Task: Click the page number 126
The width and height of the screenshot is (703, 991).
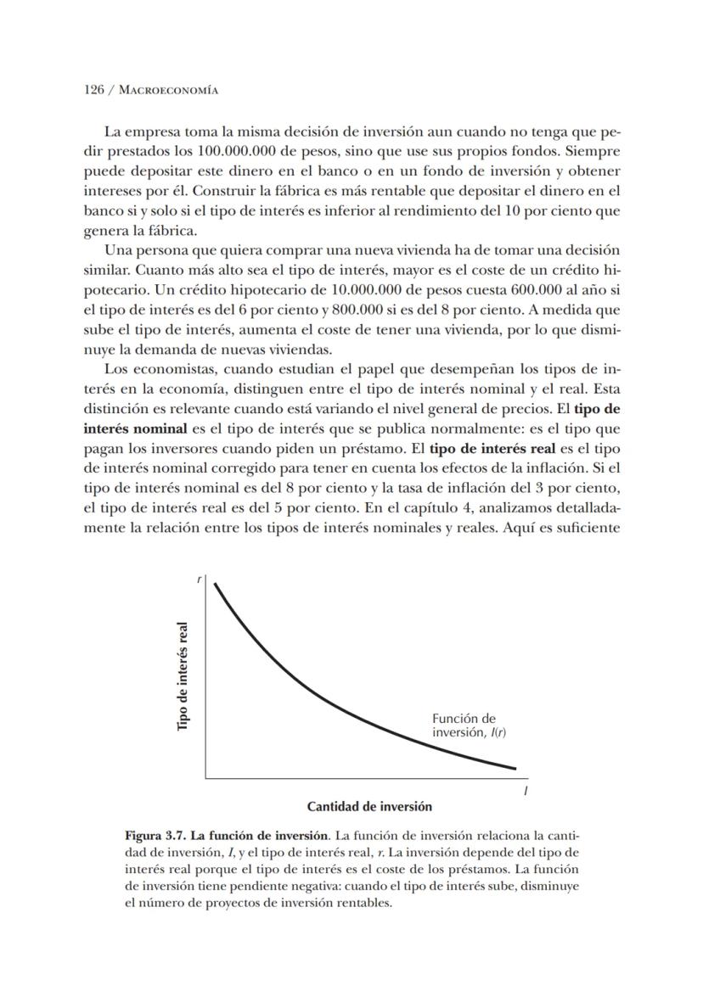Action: tap(93, 89)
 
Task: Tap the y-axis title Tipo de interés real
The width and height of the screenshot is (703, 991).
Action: tap(183, 675)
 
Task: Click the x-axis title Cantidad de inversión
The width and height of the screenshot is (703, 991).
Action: tap(369, 806)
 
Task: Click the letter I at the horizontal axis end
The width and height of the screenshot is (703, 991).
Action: tap(526, 790)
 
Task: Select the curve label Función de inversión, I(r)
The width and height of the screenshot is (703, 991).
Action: tap(464, 725)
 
